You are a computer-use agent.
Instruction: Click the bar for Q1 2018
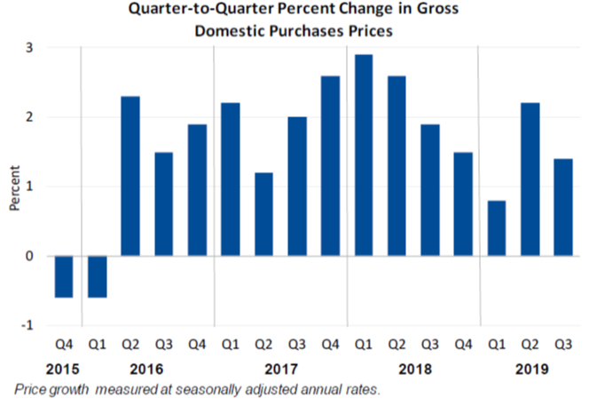(364, 155)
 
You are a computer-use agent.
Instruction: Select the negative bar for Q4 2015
(64, 276)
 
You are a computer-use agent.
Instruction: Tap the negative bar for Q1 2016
(97, 276)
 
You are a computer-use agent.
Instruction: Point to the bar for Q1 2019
(497, 228)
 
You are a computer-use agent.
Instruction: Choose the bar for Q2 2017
(263, 214)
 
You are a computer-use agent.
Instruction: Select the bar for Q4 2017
(330, 166)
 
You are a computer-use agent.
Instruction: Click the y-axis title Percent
(14, 187)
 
